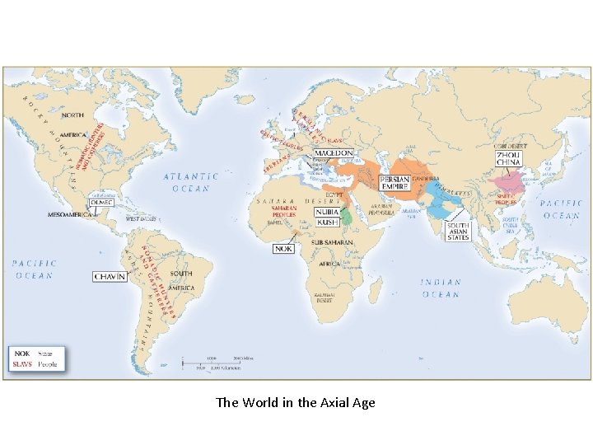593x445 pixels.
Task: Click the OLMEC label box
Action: click(102, 202)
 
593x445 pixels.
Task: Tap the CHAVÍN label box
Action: click(110, 277)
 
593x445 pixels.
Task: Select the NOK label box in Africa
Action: click(284, 247)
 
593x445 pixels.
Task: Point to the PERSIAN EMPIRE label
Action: click(395, 184)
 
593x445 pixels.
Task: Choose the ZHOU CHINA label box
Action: click(508, 158)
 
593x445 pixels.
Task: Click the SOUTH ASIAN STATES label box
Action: click(459, 231)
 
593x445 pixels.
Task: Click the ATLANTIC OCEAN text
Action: click(190, 181)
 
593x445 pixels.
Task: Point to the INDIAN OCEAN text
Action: click(441, 288)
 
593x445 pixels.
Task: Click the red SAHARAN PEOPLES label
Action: click(285, 212)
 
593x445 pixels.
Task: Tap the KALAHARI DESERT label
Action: click(325, 297)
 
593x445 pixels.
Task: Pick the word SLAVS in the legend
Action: click(21, 363)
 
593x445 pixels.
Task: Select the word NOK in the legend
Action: click(21, 353)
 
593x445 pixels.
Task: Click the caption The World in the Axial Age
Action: click(295, 403)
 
